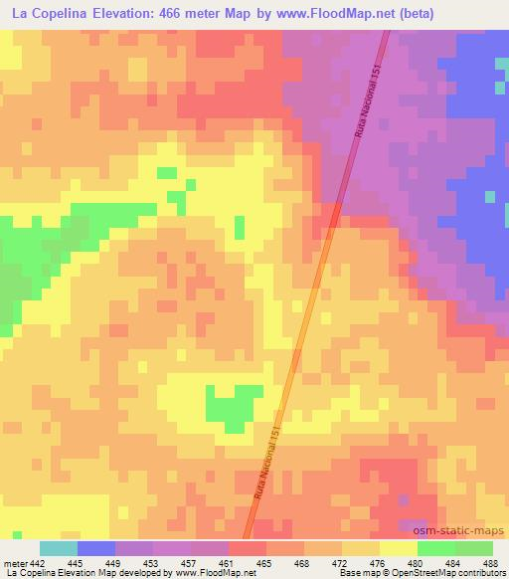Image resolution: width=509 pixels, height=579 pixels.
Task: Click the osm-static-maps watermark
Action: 468,532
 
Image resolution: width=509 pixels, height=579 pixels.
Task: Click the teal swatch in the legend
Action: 59,548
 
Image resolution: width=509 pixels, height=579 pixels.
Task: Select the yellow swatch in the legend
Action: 399,548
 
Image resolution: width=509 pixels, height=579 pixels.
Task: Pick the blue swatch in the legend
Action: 96,548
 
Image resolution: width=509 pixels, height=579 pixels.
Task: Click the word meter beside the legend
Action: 15,563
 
